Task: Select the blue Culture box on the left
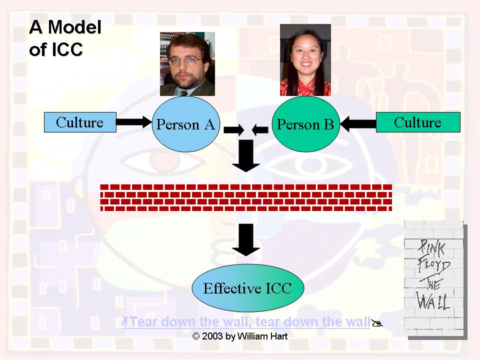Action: tap(80, 122)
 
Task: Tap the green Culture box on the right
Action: tap(418, 122)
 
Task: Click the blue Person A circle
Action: tap(185, 124)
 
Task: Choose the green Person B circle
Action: tap(305, 124)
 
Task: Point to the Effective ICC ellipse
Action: tap(247, 288)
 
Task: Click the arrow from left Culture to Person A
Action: tap(133, 120)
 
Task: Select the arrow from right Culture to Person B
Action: tap(357, 121)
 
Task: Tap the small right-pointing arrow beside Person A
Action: tap(233, 130)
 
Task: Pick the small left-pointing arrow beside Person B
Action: tap(260, 130)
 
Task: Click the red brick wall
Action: tap(246, 197)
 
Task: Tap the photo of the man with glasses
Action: tap(187, 63)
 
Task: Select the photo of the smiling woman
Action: tap(305, 59)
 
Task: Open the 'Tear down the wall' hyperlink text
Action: tap(250, 321)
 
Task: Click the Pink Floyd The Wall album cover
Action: tap(434, 278)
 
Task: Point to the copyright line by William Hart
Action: tap(240, 336)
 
